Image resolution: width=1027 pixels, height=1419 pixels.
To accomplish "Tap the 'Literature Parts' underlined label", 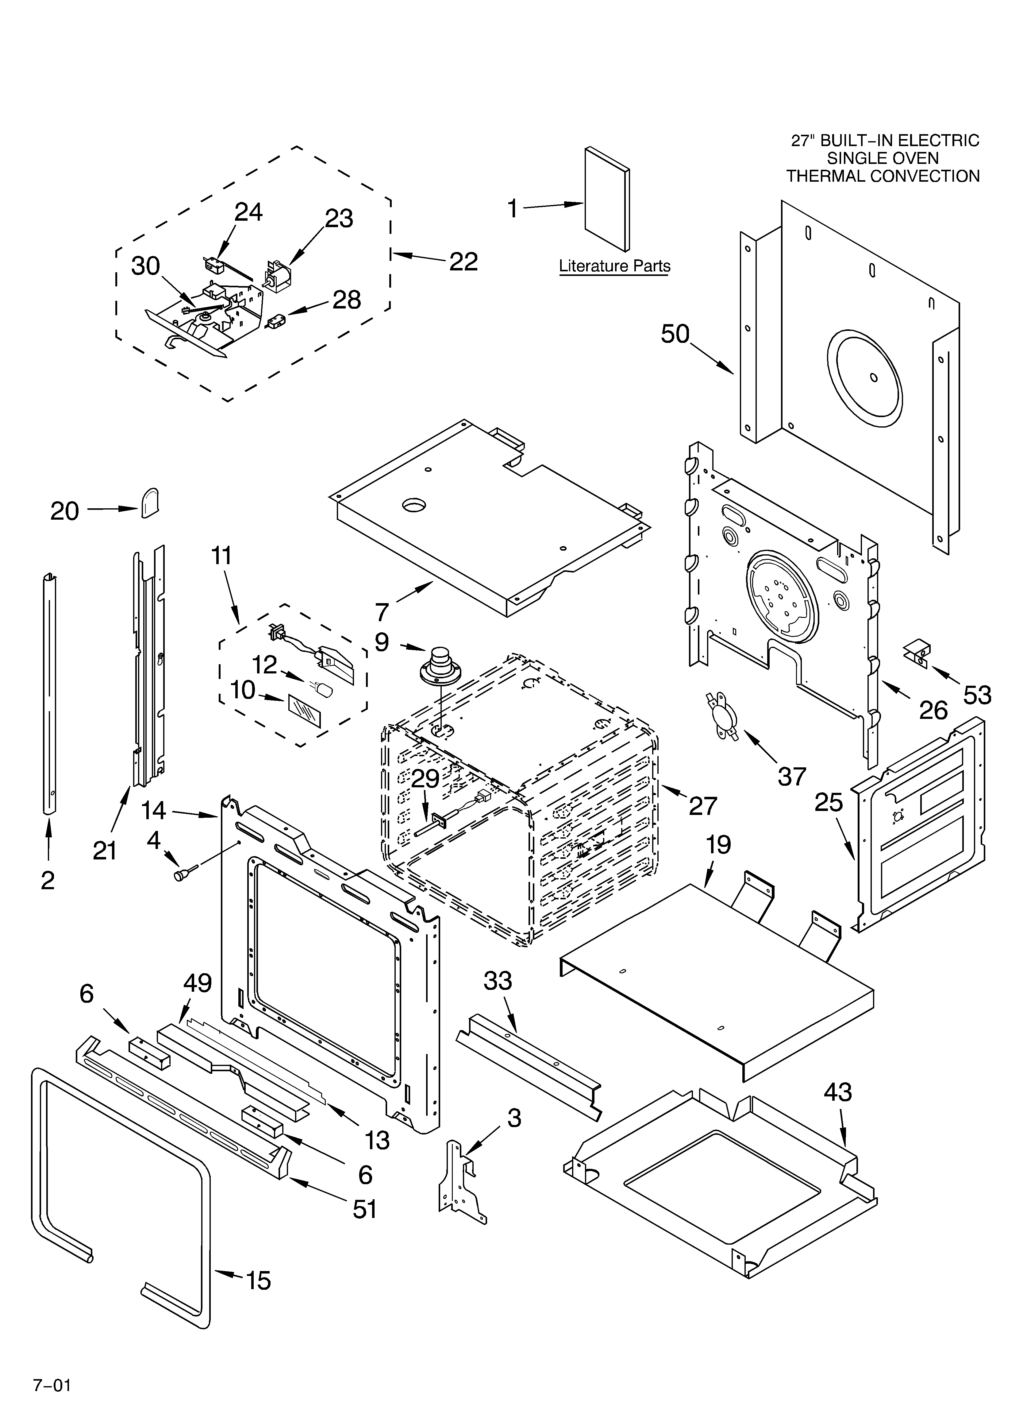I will coord(614,266).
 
